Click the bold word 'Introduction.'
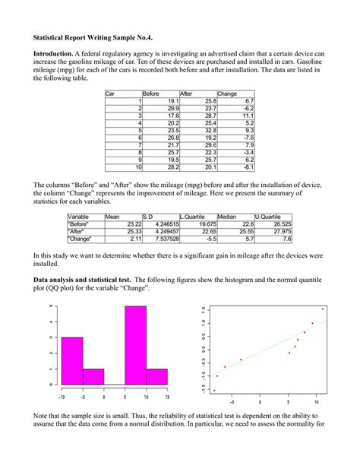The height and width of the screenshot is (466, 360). pyautogui.click(x=55, y=54)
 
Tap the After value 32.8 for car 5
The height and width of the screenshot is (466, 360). pyautogui.click(x=210, y=132)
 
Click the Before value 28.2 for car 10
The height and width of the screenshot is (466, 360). pyautogui.click(x=172, y=166)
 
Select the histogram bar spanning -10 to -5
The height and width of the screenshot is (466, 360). pyautogui.click(x=72, y=360)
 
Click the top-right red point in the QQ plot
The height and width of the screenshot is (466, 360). pyautogui.click(x=323, y=309)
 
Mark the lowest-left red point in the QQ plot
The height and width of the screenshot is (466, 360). pyautogui.click(x=213, y=390)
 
